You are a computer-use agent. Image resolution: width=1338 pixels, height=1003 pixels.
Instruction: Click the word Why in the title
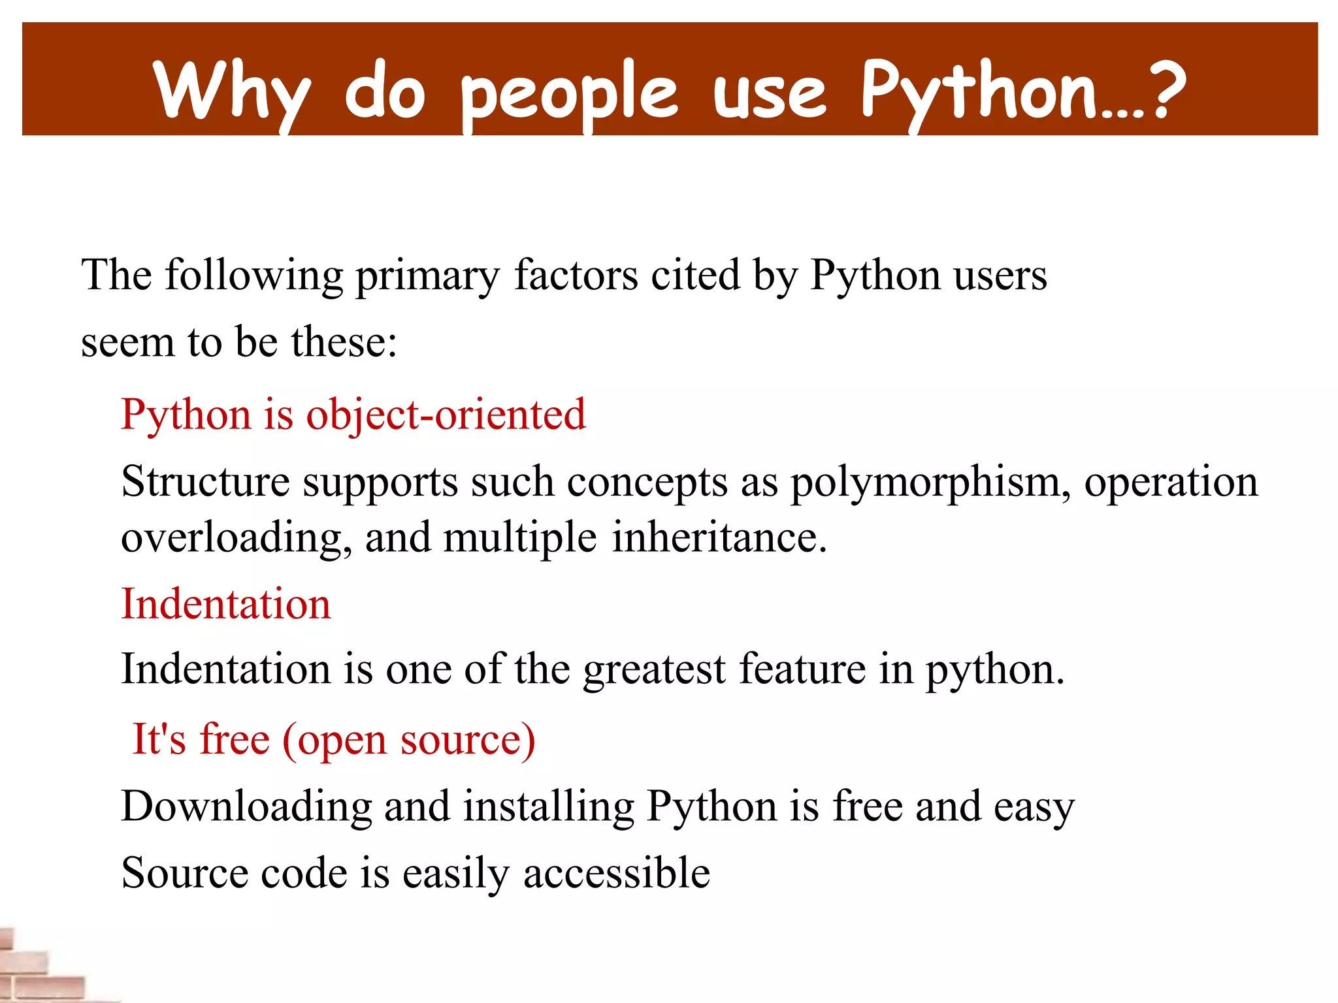click(x=232, y=91)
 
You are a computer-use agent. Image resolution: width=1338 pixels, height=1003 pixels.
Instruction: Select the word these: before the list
click(x=344, y=342)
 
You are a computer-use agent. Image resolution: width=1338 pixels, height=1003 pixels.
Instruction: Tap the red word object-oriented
click(x=446, y=415)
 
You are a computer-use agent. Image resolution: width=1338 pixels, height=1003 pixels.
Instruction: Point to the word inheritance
click(x=719, y=538)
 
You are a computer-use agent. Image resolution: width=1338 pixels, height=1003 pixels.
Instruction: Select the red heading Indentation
click(x=226, y=603)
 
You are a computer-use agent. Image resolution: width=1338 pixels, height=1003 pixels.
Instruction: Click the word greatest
click(x=654, y=671)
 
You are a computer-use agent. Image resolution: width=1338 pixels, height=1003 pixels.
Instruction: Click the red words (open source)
click(x=409, y=740)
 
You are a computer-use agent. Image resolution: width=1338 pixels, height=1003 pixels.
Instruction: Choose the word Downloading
click(x=246, y=807)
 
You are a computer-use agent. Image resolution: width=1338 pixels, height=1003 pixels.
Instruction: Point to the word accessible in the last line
click(x=616, y=874)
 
